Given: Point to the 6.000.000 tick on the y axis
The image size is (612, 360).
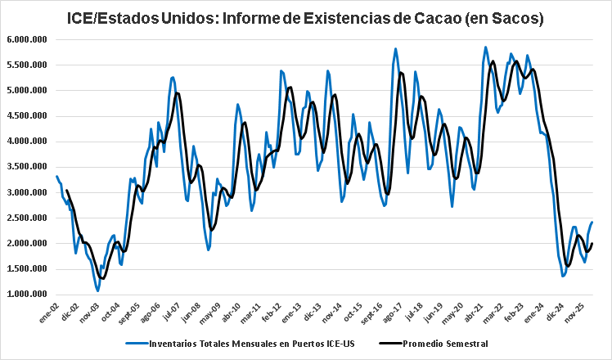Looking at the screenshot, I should coord(26,39).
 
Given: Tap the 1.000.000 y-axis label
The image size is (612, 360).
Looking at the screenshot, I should coord(26,295).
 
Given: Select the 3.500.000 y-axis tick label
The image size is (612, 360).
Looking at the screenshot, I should coord(26,167).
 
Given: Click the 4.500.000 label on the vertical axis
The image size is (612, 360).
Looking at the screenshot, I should coord(26,116).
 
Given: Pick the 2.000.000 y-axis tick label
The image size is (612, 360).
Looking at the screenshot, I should coord(26,244).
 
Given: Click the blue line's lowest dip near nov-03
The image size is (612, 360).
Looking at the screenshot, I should coord(97,290).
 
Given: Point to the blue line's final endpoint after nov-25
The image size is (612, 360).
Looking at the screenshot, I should coord(592,223).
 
